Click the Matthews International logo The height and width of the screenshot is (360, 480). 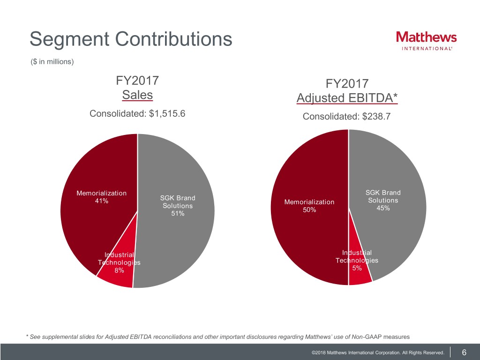coord(426,41)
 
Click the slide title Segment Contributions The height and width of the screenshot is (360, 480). coord(131,39)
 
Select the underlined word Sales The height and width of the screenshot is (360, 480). coord(137,95)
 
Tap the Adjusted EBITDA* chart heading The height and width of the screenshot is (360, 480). coord(347,98)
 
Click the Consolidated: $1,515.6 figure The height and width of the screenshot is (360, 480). coord(137,113)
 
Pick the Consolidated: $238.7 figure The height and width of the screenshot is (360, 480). coord(346,116)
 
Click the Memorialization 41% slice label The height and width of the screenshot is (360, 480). coord(101,197)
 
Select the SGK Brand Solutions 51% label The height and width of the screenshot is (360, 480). coord(177,206)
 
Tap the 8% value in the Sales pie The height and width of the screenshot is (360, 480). coord(119,270)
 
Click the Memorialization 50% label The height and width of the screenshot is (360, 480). coord(309,206)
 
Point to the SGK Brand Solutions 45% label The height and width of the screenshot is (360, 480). coord(383,201)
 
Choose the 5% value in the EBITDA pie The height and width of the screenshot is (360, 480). coord(357,268)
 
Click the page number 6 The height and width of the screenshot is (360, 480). coord(464,352)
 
